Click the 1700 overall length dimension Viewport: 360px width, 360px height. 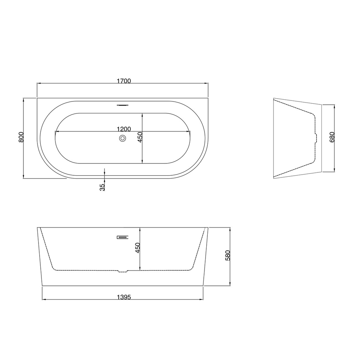click(x=124, y=81)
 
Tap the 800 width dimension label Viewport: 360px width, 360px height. click(x=21, y=137)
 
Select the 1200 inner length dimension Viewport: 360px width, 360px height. click(x=124, y=129)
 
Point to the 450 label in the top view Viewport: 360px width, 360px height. click(x=140, y=137)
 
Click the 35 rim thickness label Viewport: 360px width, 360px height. click(x=102, y=187)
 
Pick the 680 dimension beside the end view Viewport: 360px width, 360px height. click(x=332, y=137)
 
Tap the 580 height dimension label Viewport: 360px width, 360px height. click(x=228, y=255)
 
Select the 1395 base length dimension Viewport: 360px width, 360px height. click(x=124, y=297)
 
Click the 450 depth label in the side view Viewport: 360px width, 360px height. click(x=138, y=248)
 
